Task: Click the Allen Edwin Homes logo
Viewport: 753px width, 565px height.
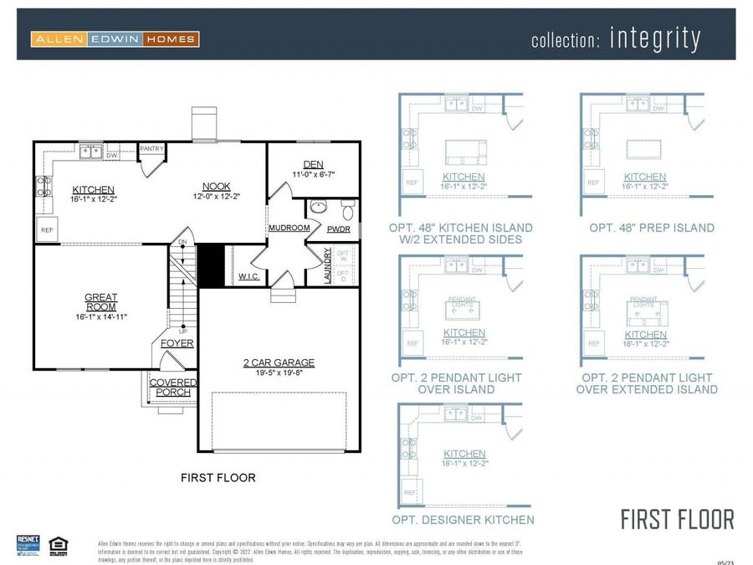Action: (x=115, y=39)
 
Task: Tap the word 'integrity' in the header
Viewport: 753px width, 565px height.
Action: (x=654, y=39)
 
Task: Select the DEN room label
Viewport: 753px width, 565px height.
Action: (x=313, y=165)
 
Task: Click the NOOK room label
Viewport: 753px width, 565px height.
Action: (x=217, y=186)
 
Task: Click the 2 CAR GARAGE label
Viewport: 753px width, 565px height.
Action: (x=279, y=362)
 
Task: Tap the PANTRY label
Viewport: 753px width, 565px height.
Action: (x=151, y=149)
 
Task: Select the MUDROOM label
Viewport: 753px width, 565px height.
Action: (x=289, y=228)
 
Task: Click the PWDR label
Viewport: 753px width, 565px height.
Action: (x=338, y=229)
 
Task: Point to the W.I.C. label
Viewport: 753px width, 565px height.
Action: (x=248, y=275)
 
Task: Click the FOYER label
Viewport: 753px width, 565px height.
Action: (x=177, y=343)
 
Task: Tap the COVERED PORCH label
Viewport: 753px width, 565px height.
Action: (x=173, y=388)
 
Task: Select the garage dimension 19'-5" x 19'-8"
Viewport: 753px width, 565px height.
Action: (x=279, y=373)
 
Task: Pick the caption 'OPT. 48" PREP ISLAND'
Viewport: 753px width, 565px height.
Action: (x=651, y=228)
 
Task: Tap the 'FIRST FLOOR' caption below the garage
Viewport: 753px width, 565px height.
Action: (x=218, y=478)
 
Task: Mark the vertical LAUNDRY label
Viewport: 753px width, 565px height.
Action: (x=328, y=265)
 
